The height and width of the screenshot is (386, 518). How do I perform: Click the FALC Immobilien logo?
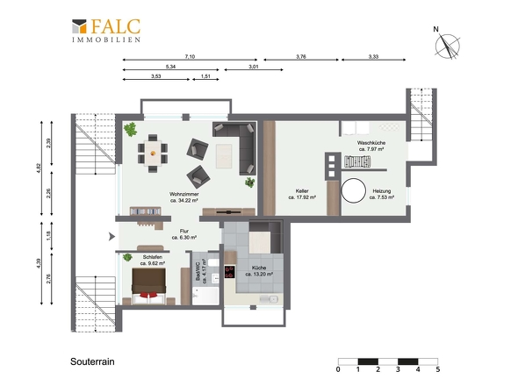pos(106,31)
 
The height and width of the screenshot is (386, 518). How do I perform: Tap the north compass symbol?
pos(447,45)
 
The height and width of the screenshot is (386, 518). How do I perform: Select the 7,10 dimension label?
pos(190,56)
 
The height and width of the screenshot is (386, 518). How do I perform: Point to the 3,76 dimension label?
pos(301,56)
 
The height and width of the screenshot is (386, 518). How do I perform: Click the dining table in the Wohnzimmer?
pos(153,154)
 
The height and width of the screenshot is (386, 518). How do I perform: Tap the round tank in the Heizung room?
pos(354,190)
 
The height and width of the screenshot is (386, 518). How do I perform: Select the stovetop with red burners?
pos(230,272)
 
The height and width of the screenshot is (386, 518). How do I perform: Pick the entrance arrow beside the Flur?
pos(112,236)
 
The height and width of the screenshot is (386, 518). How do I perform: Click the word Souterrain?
pos(92,361)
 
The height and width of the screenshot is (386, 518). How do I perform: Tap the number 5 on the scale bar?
pos(438,369)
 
